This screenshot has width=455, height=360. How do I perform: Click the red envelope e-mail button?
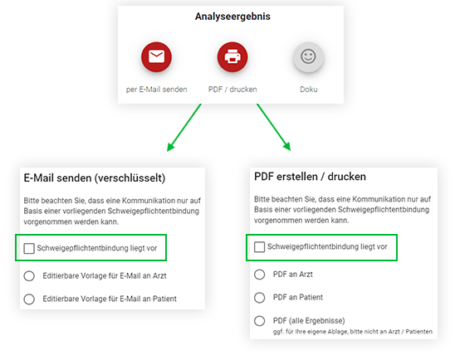pyautogui.click(x=156, y=56)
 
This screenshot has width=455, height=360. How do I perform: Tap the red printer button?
pyautogui.click(x=232, y=56)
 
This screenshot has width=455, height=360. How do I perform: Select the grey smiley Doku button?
pyautogui.click(x=308, y=56)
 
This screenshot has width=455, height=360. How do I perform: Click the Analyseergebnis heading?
pyautogui.click(x=232, y=17)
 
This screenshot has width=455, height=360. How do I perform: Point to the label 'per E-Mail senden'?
pyautogui.click(x=156, y=90)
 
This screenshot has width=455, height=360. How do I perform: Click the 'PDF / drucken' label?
pyautogui.click(x=232, y=90)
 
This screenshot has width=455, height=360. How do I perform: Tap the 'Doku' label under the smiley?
pyautogui.click(x=309, y=90)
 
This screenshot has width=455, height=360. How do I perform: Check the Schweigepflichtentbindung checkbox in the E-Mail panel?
pyautogui.click(x=29, y=248)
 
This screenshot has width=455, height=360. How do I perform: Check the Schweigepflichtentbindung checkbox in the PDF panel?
pyautogui.click(x=259, y=247)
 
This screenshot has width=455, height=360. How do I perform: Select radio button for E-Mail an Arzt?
pyautogui.click(x=29, y=276)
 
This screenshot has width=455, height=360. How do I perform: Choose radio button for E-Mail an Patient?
pyautogui.click(x=29, y=299)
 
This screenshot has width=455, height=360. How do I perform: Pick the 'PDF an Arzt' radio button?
pyautogui.click(x=259, y=275)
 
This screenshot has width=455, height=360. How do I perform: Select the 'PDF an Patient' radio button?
pyautogui.click(x=259, y=298)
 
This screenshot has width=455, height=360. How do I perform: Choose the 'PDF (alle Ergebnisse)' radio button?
pyautogui.click(x=259, y=321)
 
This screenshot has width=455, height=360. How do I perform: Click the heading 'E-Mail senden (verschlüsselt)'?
pyautogui.click(x=95, y=178)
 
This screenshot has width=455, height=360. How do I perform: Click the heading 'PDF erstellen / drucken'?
pyautogui.click(x=310, y=177)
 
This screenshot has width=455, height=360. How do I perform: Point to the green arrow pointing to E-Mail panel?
pyautogui.click(x=184, y=128)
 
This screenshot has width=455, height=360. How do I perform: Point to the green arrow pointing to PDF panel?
pyautogui.click(x=274, y=127)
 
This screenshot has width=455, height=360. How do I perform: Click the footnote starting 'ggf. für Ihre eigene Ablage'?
pyautogui.click(x=353, y=332)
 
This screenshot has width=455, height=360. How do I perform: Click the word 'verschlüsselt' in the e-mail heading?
pyautogui.click(x=130, y=178)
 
